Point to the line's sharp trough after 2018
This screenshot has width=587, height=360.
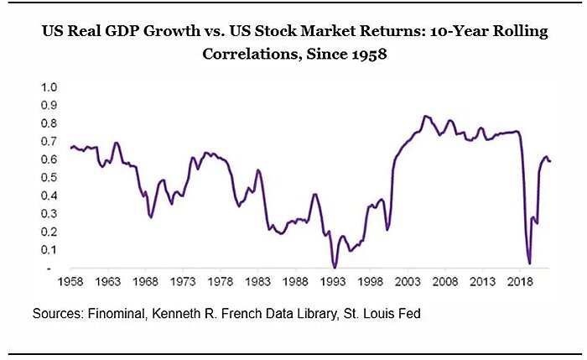tap(529, 263)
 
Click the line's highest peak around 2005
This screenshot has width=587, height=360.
tap(425, 116)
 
